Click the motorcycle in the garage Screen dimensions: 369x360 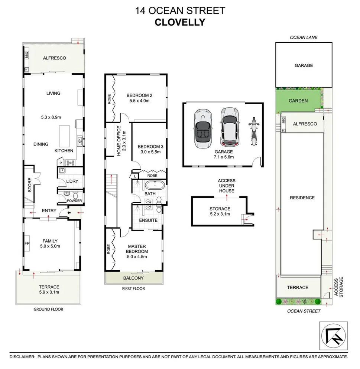[x=254, y=132]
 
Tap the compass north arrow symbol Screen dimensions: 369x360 [x=333, y=335]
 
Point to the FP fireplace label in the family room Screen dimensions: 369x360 [x=27, y=244]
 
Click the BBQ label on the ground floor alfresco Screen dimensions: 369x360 [x=26, y=55]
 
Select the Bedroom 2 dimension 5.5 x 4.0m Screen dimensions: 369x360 [x=140, y=100]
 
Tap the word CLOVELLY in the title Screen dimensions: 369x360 [x=180, y=22]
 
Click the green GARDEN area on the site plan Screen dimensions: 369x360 [x=298, y=101]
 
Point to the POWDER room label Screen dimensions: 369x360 [x=74, y=201]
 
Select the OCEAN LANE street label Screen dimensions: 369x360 [x=304, y=37]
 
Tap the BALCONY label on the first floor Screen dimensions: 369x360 [x=134, y=278]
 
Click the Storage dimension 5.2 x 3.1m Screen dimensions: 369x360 [x=220, y=214]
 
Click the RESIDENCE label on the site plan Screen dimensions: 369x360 [x=302, y=198]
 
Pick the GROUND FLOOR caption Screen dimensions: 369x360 [x=48, y=309]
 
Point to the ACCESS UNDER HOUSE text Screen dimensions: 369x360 [x=226, y=186]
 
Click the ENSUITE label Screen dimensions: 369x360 [x=148, y=221]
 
